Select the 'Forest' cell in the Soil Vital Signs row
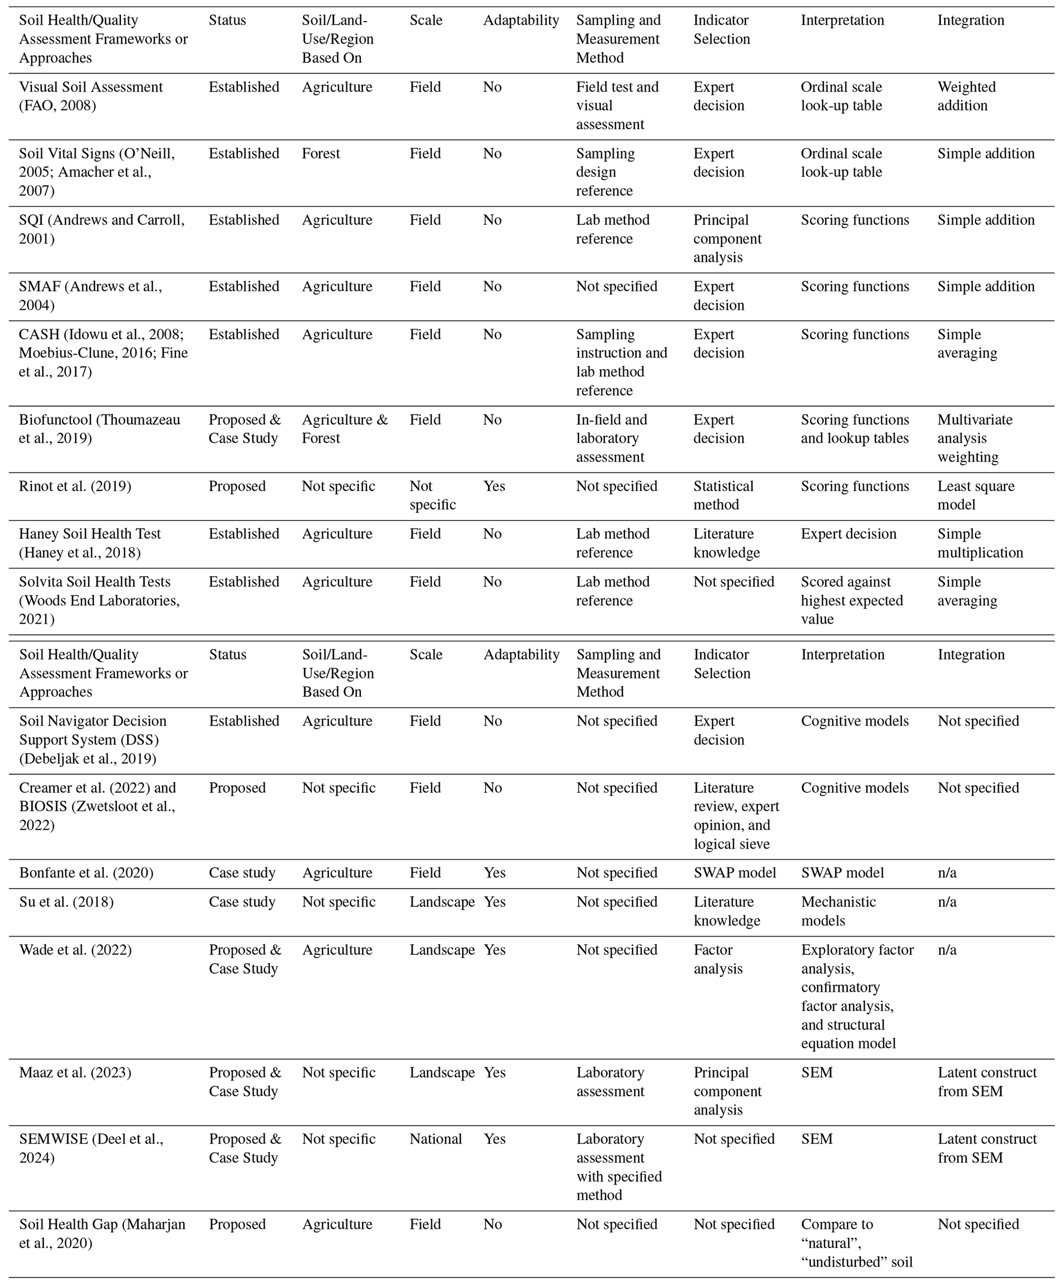tap(320, 153)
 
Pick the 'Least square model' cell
tap(975, 495)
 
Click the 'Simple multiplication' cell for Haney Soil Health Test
tap(980, 543)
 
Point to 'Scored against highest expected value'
tap(851, 600)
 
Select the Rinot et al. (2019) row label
tap(75, 486)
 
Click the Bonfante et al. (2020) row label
tap(85, 873)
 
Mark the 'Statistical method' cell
tap(723, 495)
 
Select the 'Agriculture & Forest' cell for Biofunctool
tap(344, 429)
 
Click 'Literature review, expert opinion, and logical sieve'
tap(736, 815)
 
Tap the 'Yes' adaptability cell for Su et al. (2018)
tap(494, 902)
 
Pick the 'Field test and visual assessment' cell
tap(617, 105)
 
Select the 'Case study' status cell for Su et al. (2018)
tap(241, 902)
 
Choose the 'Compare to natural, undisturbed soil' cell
tap(856, 1242)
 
